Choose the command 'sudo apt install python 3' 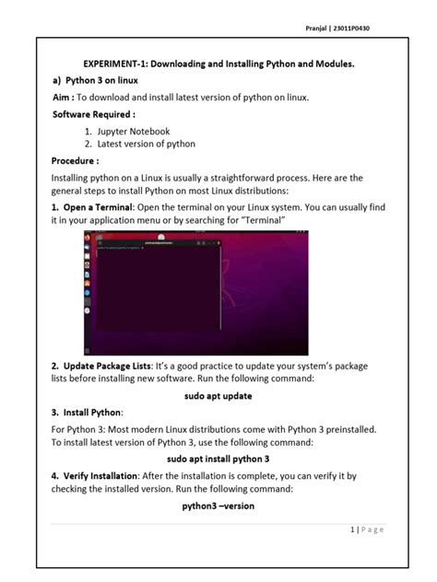[218, 458]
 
